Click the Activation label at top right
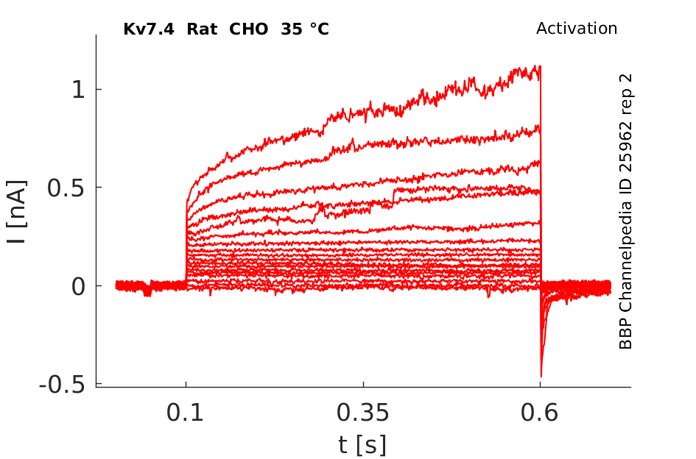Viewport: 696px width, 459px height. (576, 29)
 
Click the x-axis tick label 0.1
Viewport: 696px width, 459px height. (186, 413)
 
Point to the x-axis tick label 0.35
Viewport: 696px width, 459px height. (363, 413)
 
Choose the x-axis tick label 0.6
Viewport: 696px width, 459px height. (540, 413)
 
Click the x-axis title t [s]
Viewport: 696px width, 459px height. (362, 444)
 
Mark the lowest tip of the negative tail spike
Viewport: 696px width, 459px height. (541, 377)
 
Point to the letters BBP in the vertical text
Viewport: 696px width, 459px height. (626, 335)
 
